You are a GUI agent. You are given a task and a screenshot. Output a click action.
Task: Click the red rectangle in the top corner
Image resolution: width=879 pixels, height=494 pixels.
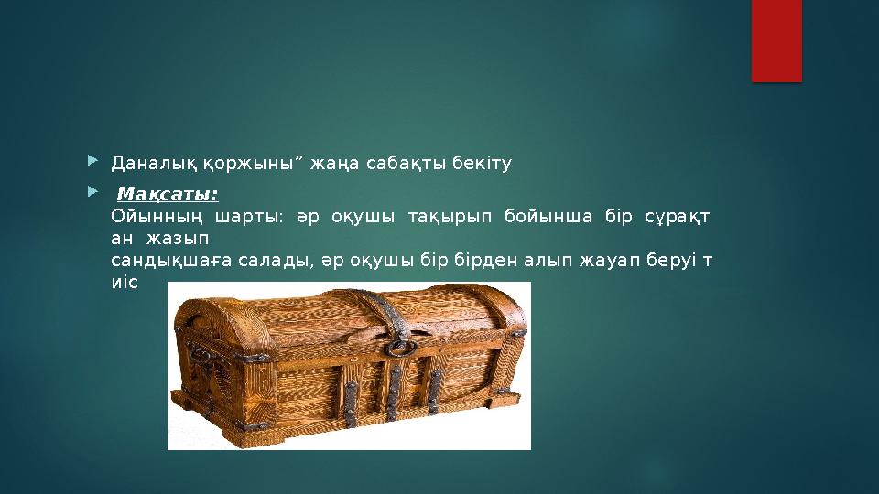coord(776,40)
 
